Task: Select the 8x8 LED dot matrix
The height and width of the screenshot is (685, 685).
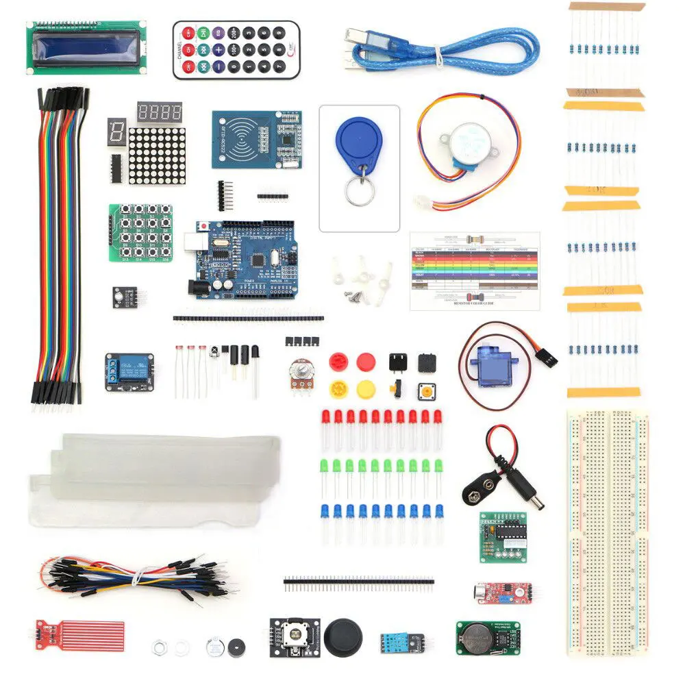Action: point(157,155)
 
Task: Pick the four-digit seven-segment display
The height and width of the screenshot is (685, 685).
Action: point(160,112)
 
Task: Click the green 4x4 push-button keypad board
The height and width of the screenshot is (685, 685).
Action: point(140,232)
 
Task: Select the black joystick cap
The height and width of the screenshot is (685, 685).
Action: point(342,638)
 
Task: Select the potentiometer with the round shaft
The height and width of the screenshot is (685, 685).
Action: point(301,375)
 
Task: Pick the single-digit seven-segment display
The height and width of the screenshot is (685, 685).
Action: point(116,130)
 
